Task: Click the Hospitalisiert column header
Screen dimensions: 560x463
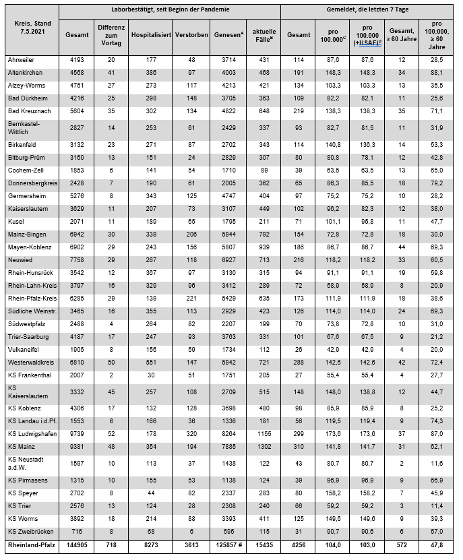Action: (149, 34)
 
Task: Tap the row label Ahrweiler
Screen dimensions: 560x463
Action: (22, 60)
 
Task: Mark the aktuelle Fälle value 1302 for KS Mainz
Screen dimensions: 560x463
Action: (264, 447)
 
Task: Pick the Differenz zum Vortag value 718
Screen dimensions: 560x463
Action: (110, 543)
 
